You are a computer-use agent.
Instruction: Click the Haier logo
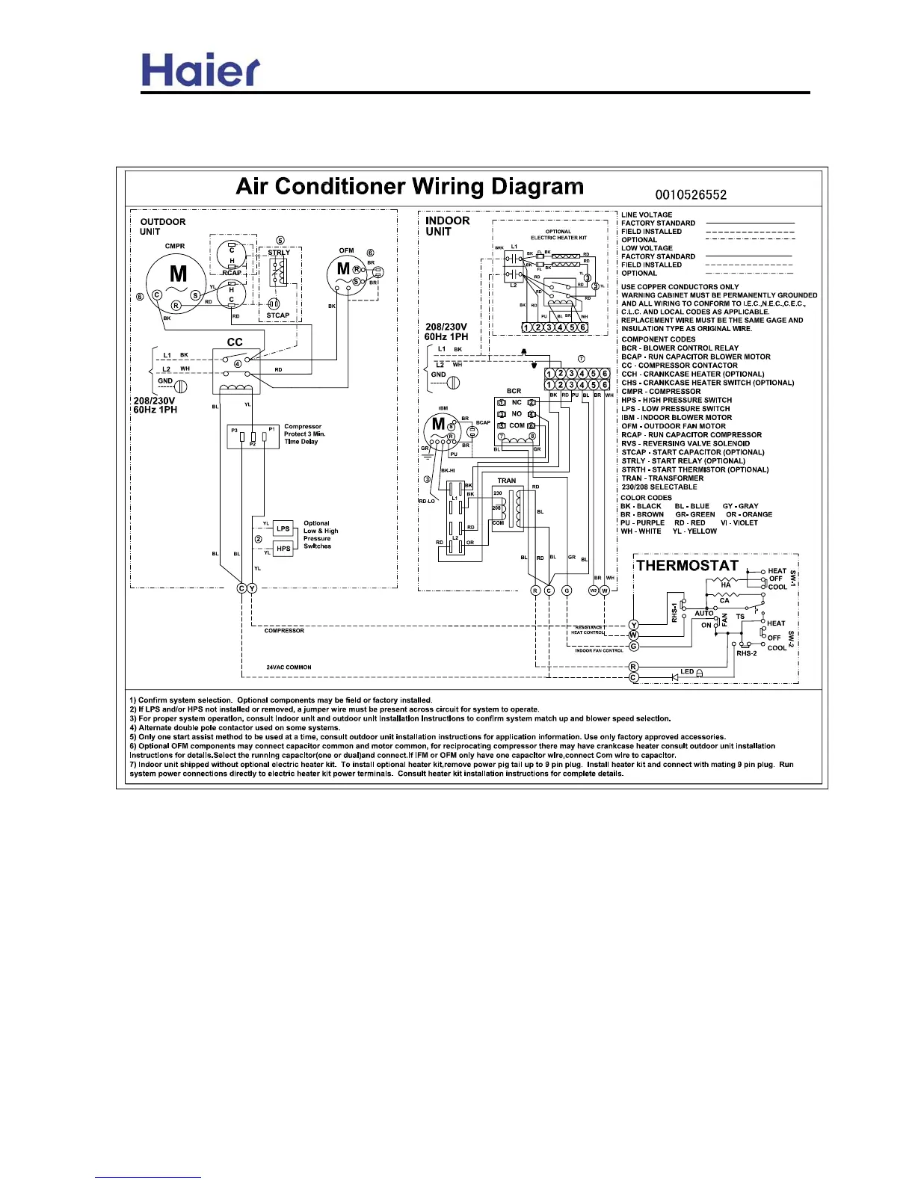(200, 70)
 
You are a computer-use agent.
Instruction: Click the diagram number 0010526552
(690, 195)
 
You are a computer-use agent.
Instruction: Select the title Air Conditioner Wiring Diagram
(410, 186)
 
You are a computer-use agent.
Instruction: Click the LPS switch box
(283, 528)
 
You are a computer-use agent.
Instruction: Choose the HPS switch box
(283, 549)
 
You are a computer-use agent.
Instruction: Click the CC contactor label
(235, 342)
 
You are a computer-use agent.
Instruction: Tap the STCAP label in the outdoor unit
(278, 315)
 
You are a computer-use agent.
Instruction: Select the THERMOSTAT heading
(687, 566)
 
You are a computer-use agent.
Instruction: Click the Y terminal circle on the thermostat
(634, 625)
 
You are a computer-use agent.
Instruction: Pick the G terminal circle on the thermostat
(634, 646)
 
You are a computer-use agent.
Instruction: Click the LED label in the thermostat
(687, 671)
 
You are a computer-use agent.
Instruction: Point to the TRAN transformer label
(507, 481)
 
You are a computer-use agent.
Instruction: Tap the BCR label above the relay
(514, 391)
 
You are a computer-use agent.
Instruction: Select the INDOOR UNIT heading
(447, 226)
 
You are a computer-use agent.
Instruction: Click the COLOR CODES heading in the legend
(646, 498)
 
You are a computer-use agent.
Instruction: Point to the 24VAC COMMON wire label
(289, 667)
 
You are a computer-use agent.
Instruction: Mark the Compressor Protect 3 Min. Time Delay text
(304, 434)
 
